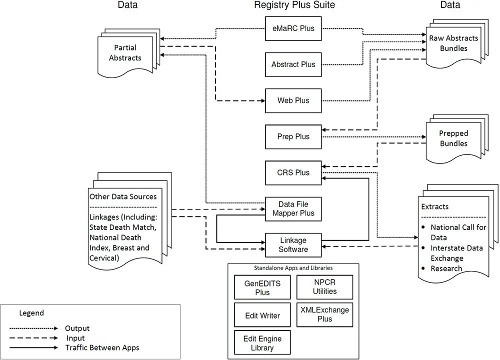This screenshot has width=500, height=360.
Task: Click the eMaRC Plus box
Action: pyautogui.click(x=293, y=28)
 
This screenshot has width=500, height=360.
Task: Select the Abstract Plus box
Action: pyautogui.click(x=293, y=64)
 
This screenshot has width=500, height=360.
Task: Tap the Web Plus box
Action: pyautogui.click(x=293, y=100)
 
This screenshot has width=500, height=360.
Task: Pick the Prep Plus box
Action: pyautogui.click(x=293, y=136)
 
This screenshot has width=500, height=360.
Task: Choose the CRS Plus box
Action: pyautogui.click(x=293, y=172)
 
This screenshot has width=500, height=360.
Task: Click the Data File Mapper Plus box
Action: pyautogui.click(x=293, y=209)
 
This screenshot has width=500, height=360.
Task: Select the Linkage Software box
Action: pyautogui.click(x=293, y=244)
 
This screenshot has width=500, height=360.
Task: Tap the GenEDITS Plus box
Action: pyautogui.click(x=262, y=287)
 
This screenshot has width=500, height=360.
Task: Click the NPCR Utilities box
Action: pyautogui.click(x=324, y=287)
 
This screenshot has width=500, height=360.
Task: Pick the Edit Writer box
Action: pyautogui.click(x=262, y=315)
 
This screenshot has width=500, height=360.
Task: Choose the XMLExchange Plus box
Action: pyautogui.click(x=324, y=314)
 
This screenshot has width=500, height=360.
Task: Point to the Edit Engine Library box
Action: pyautogui.click(x=262, y=343)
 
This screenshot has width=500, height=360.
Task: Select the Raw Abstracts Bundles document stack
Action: pyautogui.click(x=454, y=43)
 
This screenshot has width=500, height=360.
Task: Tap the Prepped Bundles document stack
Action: pyautogui.click(x=453, y=139)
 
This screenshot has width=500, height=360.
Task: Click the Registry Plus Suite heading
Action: pyautogui.click(x=294, y=5)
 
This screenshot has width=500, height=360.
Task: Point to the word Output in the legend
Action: pyautogui.click(x=77, y=328)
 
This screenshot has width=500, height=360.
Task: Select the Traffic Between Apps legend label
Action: pyautogui.click(x=102, y=347)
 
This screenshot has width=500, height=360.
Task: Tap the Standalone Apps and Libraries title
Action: pyautogui.click(x=293, y=268)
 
